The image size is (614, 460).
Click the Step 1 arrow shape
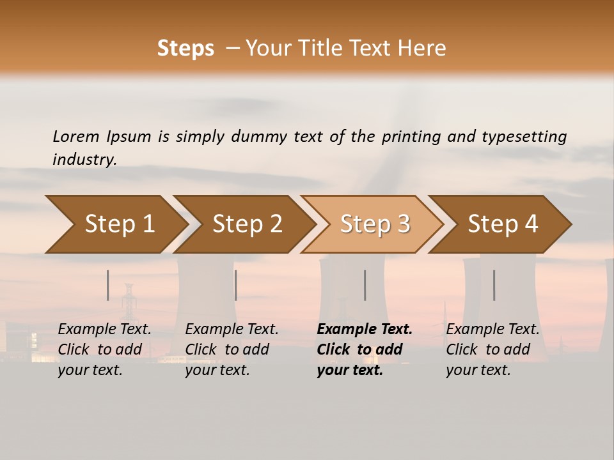[119, 224]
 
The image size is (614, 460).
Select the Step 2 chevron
[247, 224]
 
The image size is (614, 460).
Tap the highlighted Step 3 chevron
[375, 224]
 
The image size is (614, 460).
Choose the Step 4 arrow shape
[503, 224]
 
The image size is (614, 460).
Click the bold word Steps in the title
[185, 49]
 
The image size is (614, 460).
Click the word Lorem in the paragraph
[76, 136]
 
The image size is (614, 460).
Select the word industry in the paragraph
[84, 160]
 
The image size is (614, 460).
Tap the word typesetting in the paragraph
[524, 136]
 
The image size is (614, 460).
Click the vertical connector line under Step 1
[108, 285]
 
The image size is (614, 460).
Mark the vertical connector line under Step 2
[236, 285]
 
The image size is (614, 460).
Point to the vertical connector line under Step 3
[365, 285]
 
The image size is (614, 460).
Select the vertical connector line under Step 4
[494, 285]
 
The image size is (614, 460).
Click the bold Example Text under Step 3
[365, 330]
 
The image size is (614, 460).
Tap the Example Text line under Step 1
[104, 330]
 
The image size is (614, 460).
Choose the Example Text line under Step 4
[492, 330]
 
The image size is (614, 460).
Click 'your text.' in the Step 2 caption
[217, 371]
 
